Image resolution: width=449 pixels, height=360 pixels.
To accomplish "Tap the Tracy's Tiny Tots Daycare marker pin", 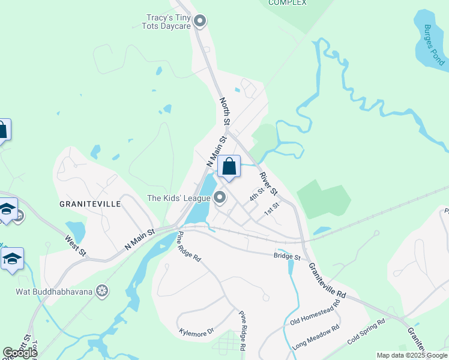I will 200,22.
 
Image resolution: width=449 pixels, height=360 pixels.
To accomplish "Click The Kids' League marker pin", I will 220,197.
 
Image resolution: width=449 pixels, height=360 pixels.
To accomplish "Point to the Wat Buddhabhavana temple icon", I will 103,292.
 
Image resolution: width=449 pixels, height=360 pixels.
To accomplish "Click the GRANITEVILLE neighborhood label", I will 90,204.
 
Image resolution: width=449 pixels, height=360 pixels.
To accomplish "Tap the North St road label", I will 225,111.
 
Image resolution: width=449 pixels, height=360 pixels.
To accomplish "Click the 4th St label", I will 257,195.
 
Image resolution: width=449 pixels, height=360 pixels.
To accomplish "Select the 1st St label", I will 273,209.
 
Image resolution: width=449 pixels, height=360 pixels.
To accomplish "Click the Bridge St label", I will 287,257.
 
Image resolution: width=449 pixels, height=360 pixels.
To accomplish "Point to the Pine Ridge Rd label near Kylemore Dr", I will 241,331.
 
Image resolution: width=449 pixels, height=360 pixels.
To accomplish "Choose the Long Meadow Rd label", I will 316,338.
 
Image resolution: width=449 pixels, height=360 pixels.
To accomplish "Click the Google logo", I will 19,353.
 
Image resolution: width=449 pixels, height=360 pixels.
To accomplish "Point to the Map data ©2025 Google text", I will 412,355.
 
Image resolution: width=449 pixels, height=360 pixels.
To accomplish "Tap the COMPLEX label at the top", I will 287,3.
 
